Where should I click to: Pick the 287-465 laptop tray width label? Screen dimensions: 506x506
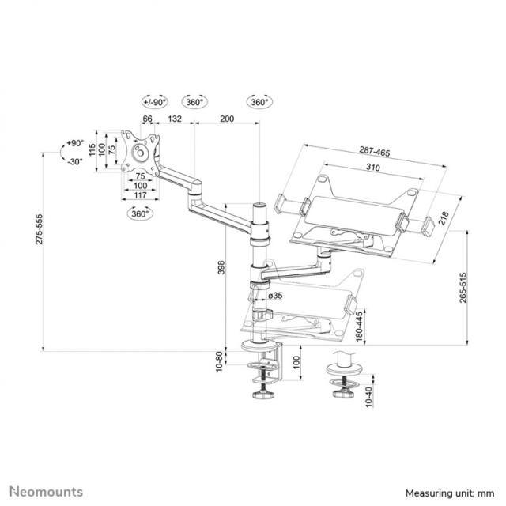[372, 150]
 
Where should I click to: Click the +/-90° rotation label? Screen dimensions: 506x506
[154, 102]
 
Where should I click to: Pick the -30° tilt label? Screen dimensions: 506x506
[74, 161]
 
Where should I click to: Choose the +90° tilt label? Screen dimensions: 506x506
[74, 143]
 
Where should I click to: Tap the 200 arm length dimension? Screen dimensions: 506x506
[227, 119]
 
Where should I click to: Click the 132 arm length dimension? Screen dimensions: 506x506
[176, 119]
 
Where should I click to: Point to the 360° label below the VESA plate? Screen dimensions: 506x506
[141, 213]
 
